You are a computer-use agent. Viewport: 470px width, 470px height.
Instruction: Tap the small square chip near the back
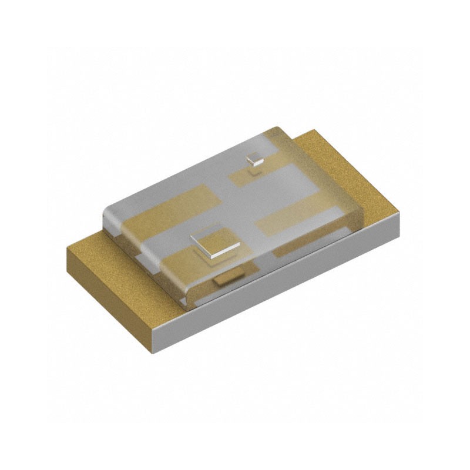[254, 159]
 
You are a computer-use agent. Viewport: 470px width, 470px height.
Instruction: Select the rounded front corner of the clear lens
[187, 300]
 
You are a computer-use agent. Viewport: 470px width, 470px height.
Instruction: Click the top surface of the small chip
[254, 157]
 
